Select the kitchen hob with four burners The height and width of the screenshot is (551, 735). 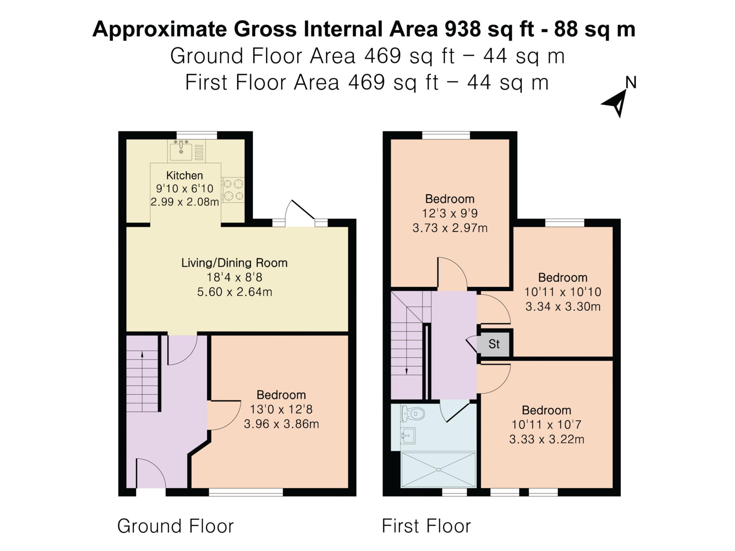click(233, 190)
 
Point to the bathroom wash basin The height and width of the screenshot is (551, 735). click(408, 436)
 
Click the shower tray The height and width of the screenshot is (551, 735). click(439, 470)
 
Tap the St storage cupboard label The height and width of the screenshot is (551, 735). click(494, 344)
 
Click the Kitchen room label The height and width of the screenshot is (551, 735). click(184, 175)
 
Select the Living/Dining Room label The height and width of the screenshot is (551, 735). click(234, 263)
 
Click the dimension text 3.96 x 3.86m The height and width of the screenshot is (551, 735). click(281, 424)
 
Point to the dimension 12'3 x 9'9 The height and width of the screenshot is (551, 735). click(450, 213)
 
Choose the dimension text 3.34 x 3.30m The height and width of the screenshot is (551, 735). click(563, 307)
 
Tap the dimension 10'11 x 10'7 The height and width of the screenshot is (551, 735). click(546, 425)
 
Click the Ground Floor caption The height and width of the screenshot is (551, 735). click(175, 526)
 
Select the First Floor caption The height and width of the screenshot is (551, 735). click(426, 526)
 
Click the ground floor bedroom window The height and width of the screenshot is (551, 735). click(246, 492)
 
